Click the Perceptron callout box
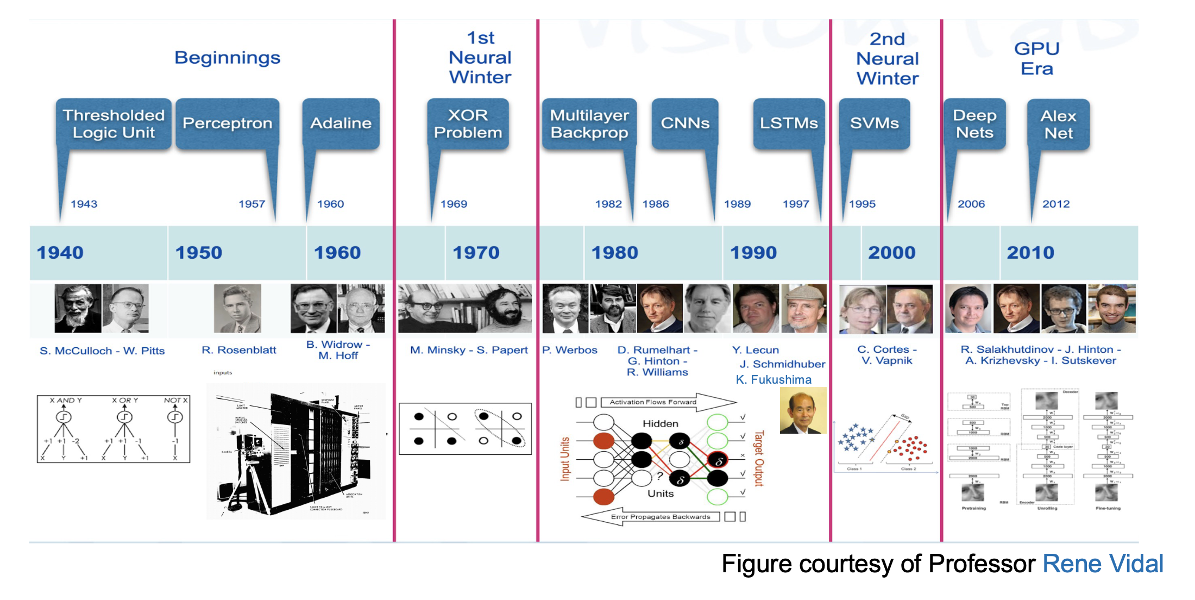227,123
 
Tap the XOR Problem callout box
468,123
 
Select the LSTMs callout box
789,123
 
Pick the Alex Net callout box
1058,124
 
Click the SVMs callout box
874,123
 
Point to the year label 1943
84,204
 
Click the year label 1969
454,204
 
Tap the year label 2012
1055,204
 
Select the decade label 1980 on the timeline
614,253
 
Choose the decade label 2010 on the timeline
1030,253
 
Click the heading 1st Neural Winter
480,58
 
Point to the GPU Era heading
1036,59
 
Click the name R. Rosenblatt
238,350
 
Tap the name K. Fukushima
773,379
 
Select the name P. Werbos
569,350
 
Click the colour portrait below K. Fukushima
803,410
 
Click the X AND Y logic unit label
66,400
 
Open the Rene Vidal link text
1103,564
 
